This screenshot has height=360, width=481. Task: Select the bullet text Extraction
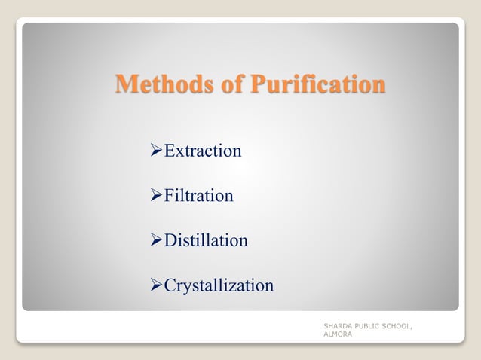[x=203, y=151]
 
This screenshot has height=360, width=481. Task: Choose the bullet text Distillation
[x=206, y=241]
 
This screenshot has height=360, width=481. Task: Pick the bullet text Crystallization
[x=219, y=286]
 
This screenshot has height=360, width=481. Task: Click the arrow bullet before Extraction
[x=157, y=151]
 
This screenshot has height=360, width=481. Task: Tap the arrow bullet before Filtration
[x=157, y=197]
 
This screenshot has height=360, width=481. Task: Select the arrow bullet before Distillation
[x=157, y=242]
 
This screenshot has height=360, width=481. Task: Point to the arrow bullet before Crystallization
[x=157, y=287]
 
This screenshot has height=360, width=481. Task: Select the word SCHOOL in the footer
[x=397, y=326]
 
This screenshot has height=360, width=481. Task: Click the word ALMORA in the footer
[x=336, y=334]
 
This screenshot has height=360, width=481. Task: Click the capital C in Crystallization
[x=170, y=286]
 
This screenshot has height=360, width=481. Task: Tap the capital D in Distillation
[x=170, y=241]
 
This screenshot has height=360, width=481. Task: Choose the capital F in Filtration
[x=170, y=196]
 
